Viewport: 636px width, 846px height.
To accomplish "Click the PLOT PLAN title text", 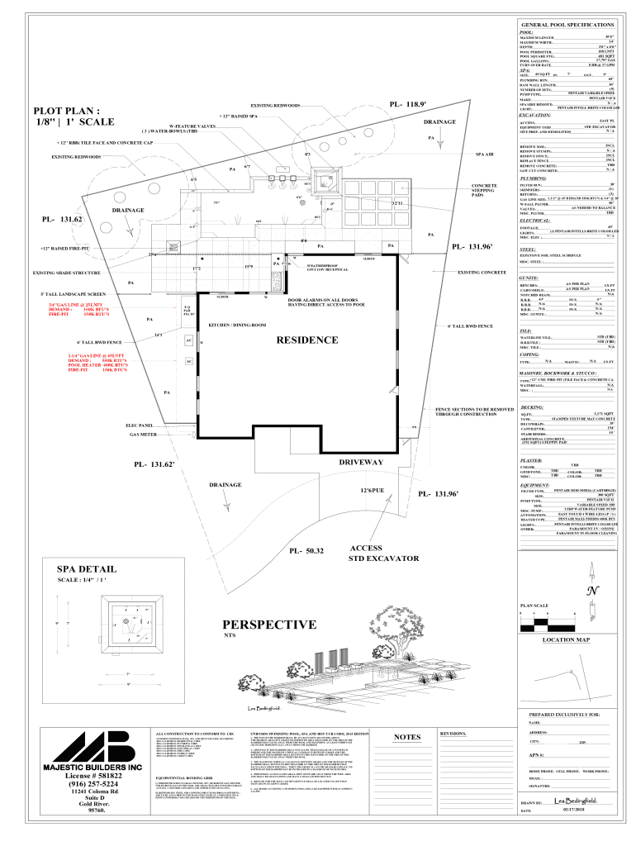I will (67, 116).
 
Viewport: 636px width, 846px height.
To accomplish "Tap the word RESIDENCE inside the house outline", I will (307, 340).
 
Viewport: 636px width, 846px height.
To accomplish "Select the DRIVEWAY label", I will (361, 462).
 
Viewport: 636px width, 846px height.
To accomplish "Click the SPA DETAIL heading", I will (87, 568).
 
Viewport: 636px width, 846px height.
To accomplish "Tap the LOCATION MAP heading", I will (566, 640).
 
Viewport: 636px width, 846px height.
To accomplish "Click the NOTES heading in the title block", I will (407, 737).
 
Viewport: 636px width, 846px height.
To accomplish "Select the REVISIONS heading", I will (455, 734).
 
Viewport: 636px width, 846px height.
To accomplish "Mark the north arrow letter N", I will (592, 591).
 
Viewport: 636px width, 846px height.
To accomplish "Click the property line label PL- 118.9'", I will (408, 105).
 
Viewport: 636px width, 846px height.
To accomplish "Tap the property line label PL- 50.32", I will (306, 550).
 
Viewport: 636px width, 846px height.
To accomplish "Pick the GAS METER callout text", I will (143, 434).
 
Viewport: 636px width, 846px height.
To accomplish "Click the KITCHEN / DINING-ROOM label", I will (237, 325).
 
